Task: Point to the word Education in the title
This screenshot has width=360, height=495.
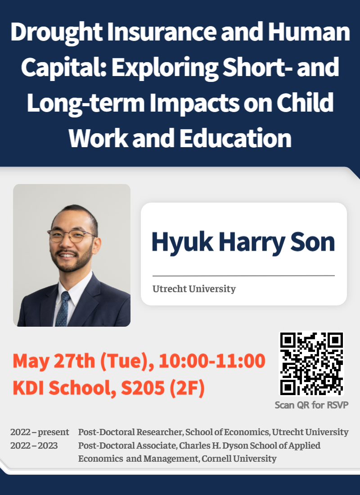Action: tap(236, 137)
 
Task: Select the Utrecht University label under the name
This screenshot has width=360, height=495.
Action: tap(194, 288)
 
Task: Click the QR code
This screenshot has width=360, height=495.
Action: tap(311, 364)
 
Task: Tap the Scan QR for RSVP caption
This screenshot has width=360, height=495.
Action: tap(311, 405)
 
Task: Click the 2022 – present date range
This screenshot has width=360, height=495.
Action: tap(40, 432)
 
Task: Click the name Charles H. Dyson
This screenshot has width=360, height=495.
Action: tap(225, 445)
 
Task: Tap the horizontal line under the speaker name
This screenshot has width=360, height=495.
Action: tap(243, 275)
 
